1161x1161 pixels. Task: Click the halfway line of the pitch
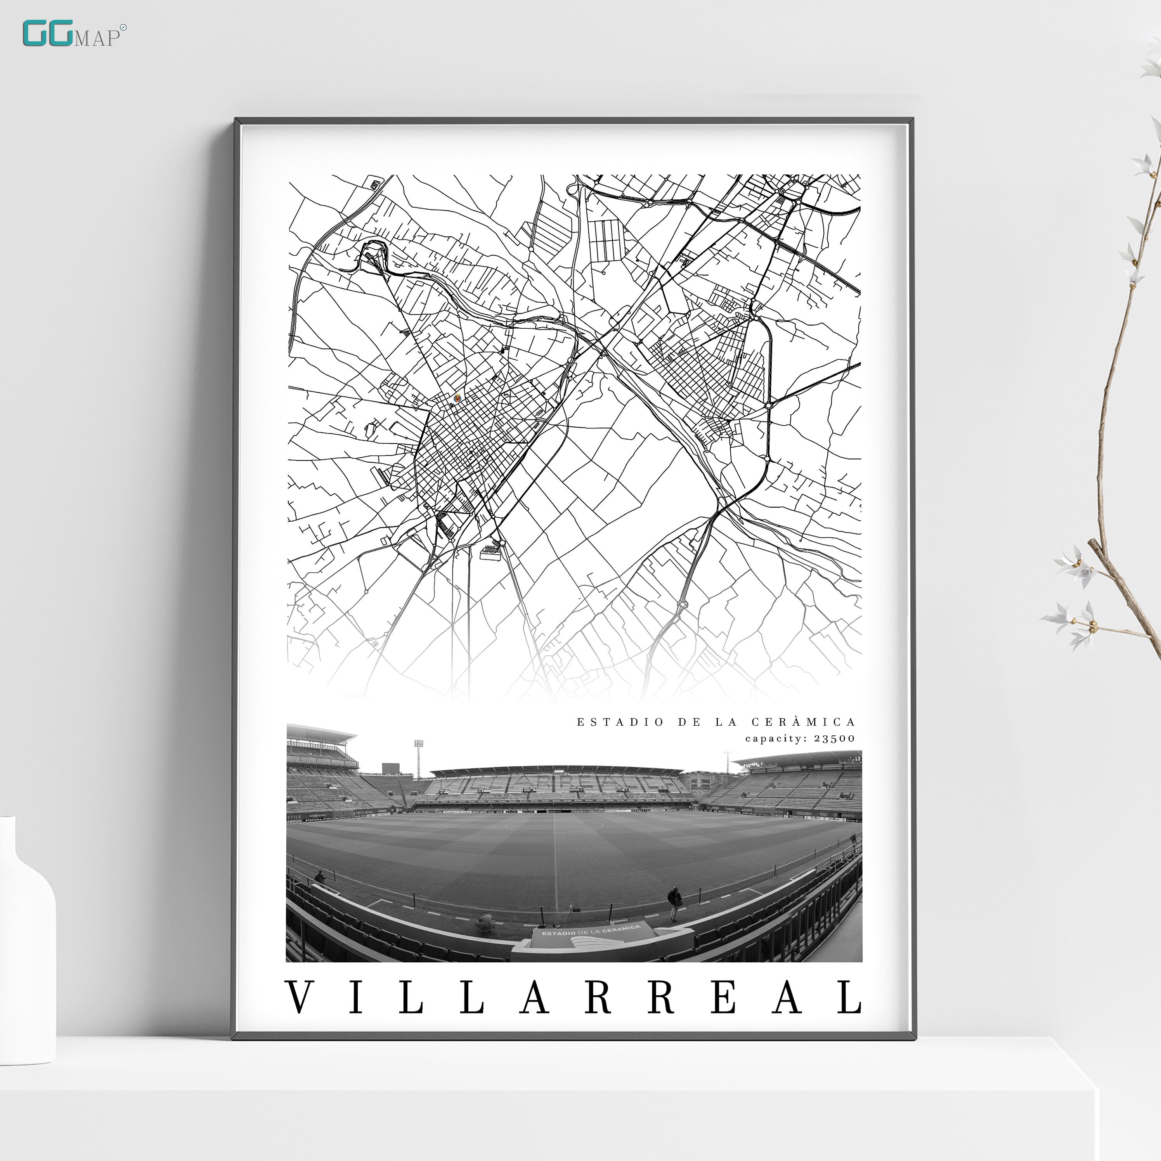[x=555, y=865]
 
